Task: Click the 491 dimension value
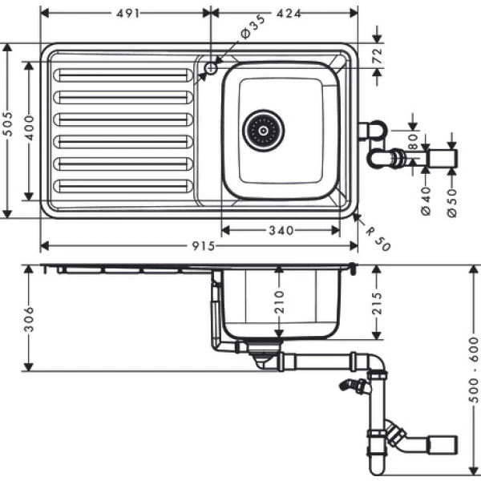126,13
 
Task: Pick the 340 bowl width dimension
280,230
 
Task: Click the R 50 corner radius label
377,237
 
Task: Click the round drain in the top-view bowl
263,130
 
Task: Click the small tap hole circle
211,69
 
